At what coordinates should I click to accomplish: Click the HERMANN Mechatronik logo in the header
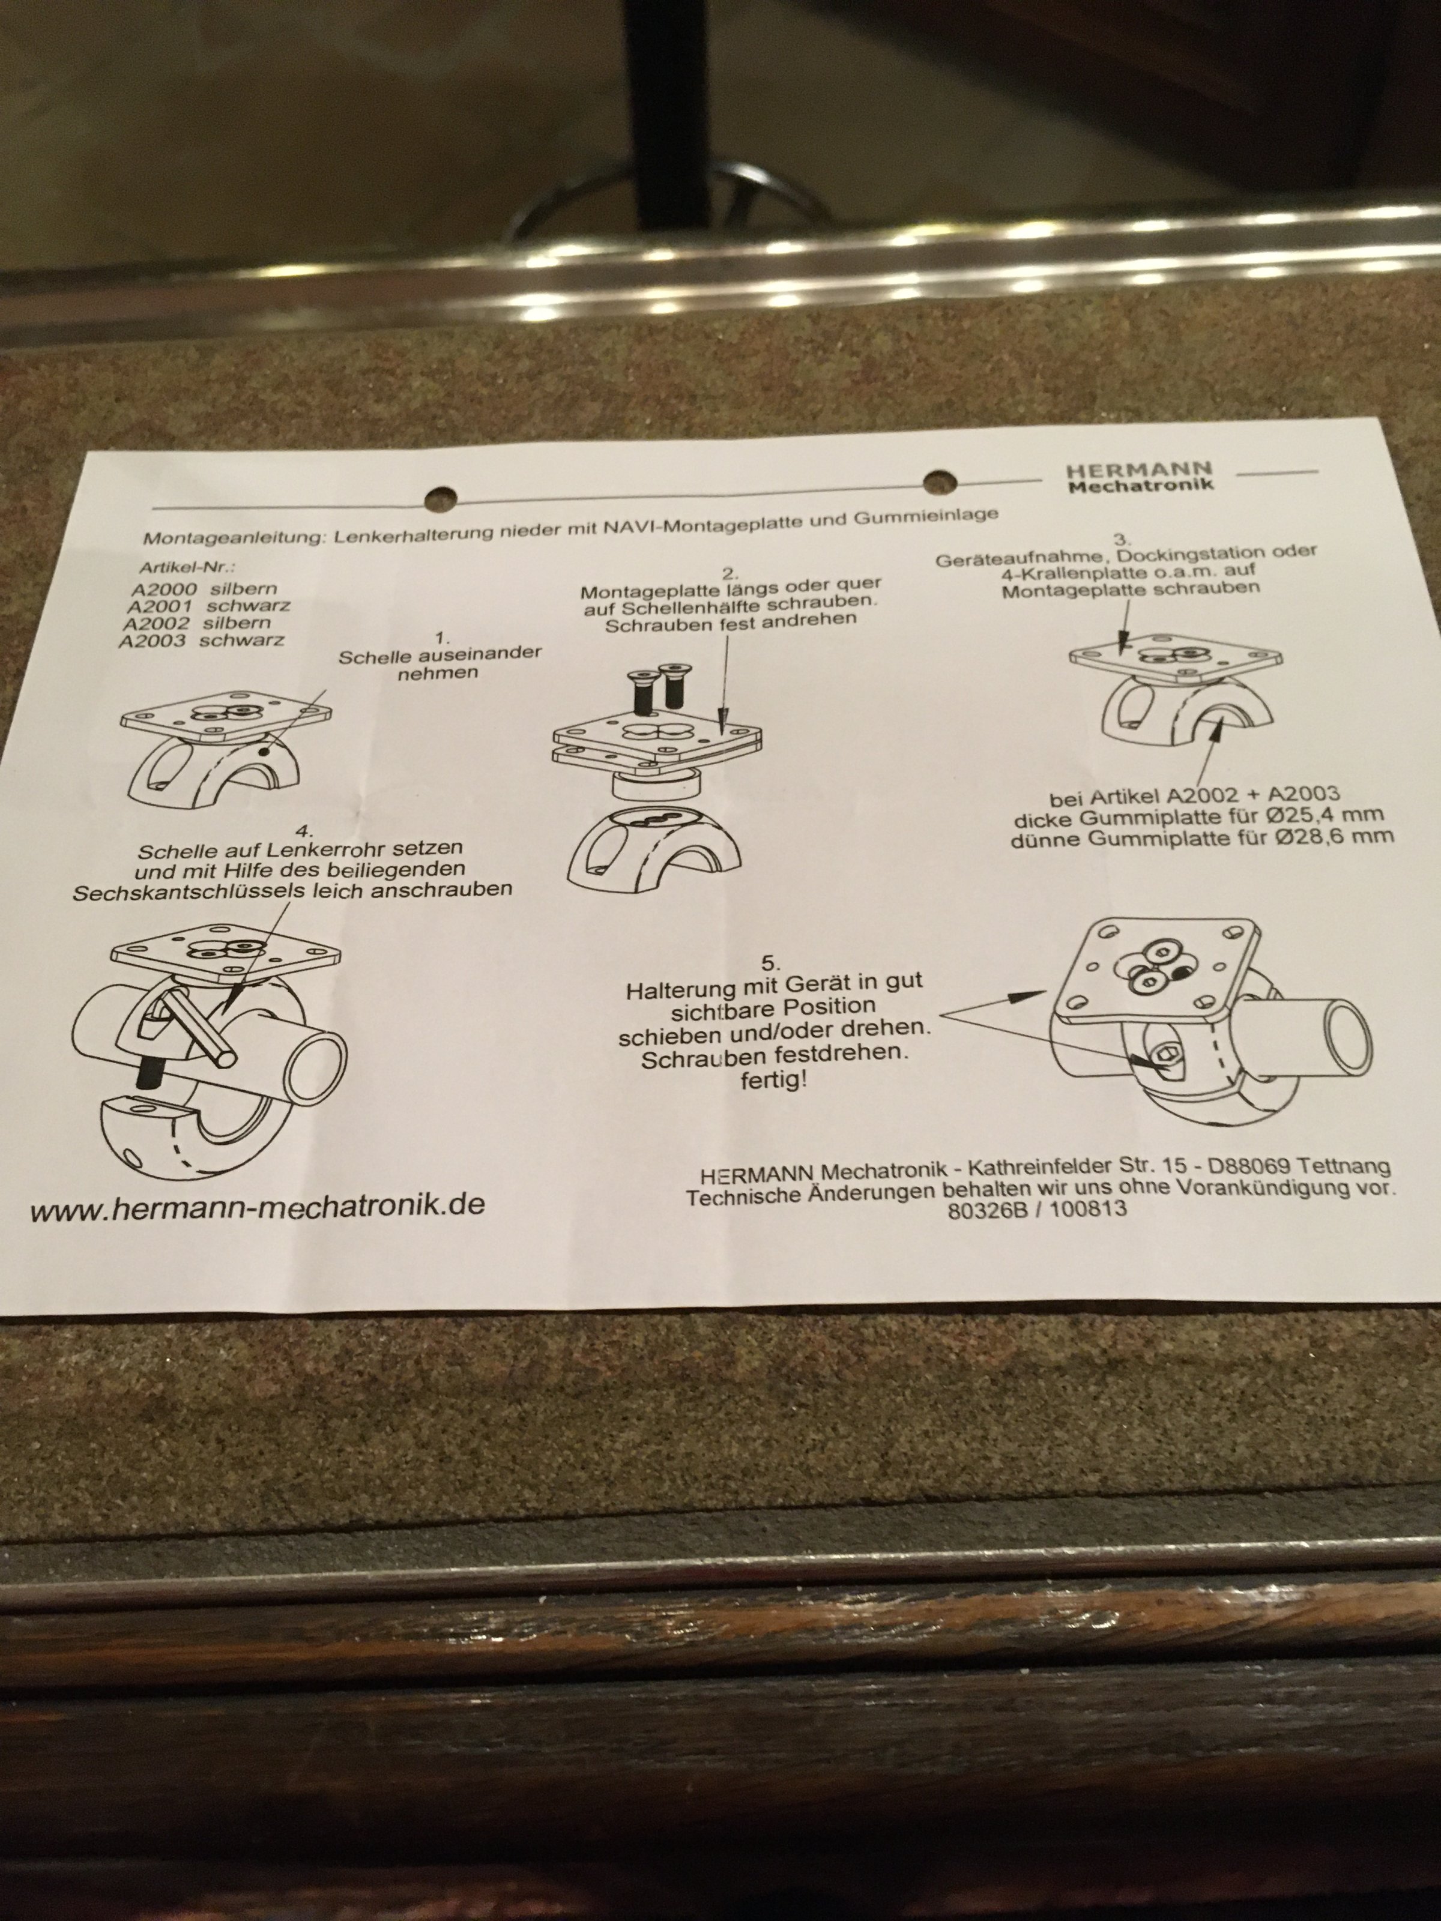1140,477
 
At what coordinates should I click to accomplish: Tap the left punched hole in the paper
440,498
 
